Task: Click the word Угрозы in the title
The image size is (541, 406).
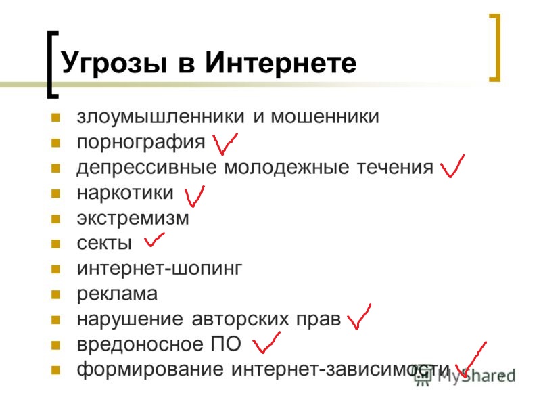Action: pyautogui.click(x=114, y=64)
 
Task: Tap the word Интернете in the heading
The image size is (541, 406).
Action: pyautogui.click(x=281, y=62)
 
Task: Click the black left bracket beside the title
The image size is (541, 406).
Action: pyautogui.click(x=53, y=64)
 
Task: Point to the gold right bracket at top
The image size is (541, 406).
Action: pyautogui.click(x=495, y=47)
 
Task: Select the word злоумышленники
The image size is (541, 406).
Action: pyautogui.click(x=160, y=116)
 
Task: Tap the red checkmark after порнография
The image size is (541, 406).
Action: pyautogui.click(x=225, y=143)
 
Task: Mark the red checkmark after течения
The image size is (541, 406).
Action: pyautogui.click(x=452, y=166)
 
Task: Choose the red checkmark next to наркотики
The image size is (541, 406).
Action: pyautogui.click(x=194, y=196)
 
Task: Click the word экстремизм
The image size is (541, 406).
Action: pyautogui.click(x=133, y=219)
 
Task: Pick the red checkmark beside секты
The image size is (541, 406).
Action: pyautogui.click(x=154, y=240)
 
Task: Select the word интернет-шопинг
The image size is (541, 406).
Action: pyautogui.click(x=160, y=269)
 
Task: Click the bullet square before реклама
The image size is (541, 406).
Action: pyautogui.click(x=55, y=294)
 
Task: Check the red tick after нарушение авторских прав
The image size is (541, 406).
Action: pyautogui.click(x=359, y=317)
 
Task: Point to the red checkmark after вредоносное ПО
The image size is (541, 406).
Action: pyautogui.click(x=266, y=343)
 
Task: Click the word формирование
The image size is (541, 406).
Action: pyautogui.click(x=150, y=369)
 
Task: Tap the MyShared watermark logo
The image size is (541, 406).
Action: pyautogui.click(x=465, y=376)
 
